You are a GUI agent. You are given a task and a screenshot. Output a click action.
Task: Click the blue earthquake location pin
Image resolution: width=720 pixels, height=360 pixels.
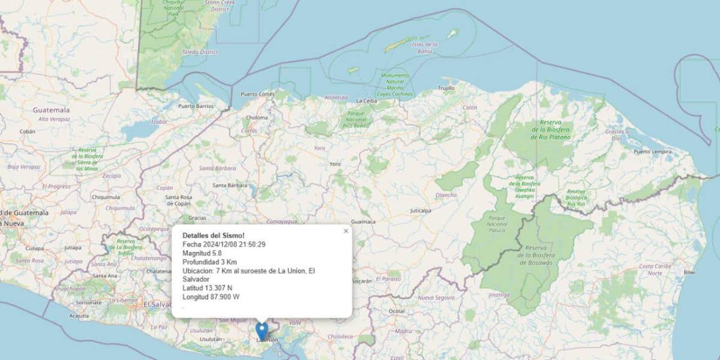point(262,331)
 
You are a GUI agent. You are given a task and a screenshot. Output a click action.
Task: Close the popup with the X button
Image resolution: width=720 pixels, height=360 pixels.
point(346,231)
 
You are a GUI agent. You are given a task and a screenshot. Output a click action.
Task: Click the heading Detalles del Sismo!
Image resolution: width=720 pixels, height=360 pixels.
point(214,235)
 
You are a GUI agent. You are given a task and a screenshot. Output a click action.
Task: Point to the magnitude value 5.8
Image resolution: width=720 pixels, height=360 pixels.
point(217,253)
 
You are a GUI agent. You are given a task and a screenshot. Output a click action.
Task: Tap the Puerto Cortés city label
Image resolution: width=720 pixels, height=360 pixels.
point(257,94)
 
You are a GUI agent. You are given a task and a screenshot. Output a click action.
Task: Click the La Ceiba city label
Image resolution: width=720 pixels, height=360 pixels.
point(366,101)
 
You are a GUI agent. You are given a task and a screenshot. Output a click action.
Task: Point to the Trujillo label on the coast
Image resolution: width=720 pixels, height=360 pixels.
point(446,88)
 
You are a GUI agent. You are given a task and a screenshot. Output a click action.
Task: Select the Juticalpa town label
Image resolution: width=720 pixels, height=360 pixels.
point(421,211)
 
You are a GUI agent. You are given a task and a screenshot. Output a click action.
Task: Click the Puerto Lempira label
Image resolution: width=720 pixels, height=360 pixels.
point(652,151)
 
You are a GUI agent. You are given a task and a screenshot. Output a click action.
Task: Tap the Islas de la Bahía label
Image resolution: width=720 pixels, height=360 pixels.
point(425,48)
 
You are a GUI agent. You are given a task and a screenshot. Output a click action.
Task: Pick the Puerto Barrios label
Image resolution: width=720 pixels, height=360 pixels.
point(196,106)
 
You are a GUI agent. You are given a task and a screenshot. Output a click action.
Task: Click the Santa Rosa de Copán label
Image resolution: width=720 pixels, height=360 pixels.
point(178,200)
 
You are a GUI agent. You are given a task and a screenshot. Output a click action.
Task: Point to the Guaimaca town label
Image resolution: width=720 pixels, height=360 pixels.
point(363,221)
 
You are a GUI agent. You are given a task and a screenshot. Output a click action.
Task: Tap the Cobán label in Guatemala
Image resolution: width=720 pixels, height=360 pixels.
point(28,131)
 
